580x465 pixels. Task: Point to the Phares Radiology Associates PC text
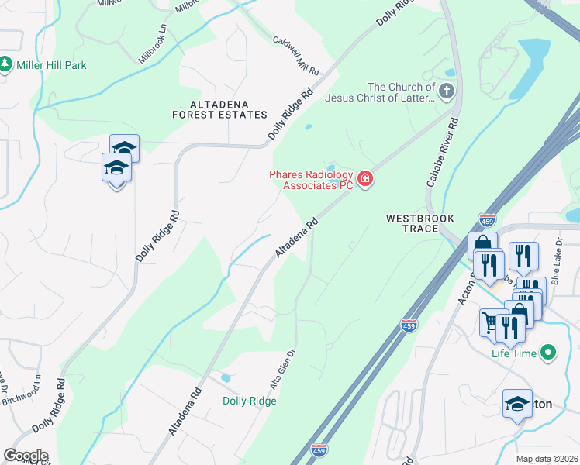tap(310, 180)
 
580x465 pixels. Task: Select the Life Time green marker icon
tap(550, 353)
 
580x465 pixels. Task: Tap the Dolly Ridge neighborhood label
tap(249, 401)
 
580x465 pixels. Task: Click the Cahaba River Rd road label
tap(441, 153)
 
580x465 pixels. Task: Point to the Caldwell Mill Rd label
tap(296, 55)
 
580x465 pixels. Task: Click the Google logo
tap(25, 456)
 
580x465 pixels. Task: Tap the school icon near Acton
tap(517, 404)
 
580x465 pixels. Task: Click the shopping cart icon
tap(491, 321)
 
